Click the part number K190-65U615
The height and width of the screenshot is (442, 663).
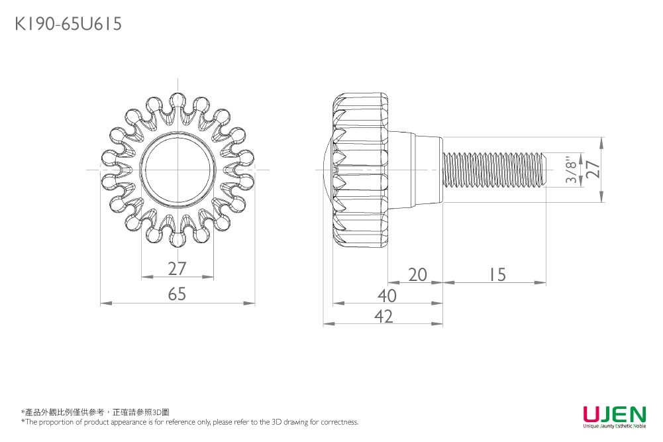68,24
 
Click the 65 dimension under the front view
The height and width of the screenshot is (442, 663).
177,294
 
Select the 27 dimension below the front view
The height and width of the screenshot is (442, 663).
177,268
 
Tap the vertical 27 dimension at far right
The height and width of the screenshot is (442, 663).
593,169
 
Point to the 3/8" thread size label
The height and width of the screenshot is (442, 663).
571,170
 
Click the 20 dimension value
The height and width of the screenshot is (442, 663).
417,275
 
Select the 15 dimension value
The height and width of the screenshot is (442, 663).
497,275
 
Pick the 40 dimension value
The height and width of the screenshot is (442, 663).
387,296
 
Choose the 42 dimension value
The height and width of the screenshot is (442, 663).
383,316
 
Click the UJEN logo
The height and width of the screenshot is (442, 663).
615,414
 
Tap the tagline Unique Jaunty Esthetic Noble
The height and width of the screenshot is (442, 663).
615,426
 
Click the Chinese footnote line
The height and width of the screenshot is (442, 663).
95,412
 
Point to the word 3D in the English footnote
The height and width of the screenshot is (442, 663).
276,421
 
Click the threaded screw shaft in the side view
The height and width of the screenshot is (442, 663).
495,170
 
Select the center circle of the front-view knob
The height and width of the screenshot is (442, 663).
177,170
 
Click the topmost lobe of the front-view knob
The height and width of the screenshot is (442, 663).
177,101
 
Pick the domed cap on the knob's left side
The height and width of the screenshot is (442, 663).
328,170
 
